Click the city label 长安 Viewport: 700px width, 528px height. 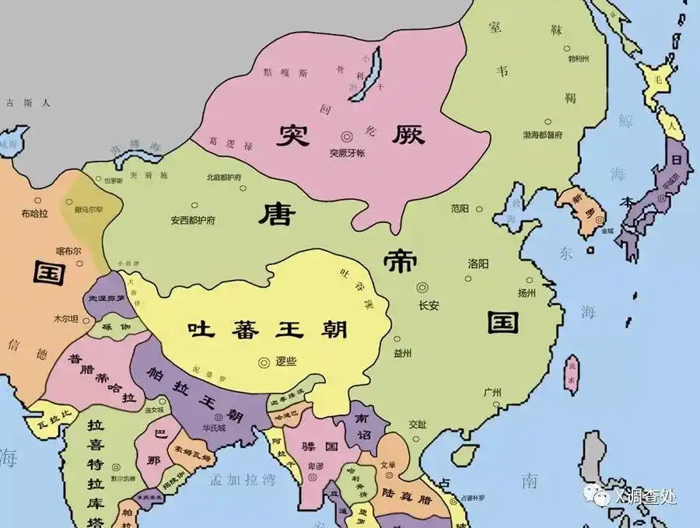coord(429,306)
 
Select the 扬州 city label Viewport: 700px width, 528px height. coord(527,293)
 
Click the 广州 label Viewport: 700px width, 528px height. coord(492,391)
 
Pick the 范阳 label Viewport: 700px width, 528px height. coord(460,208)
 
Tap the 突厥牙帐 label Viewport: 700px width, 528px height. coord(346,152)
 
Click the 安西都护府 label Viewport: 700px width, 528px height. coord(193,220)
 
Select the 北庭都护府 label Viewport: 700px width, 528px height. coord(224,177)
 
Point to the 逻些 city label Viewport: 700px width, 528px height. coord(287,362)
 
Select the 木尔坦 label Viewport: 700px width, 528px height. coord(65,319)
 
